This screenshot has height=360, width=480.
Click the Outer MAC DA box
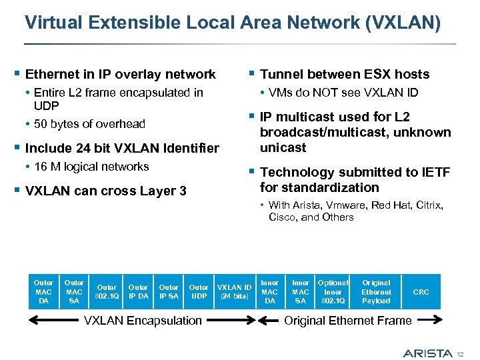pyautogui.click(x=43, y=292)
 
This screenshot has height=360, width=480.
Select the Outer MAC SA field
pyautogui.click(x=74, y=292)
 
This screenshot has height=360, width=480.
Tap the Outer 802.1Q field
pyautogui.click(x=107, y=292)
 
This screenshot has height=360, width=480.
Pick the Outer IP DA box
pyautogui.click(x=139, y=292)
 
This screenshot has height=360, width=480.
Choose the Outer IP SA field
pyautogui.click(x=169, y=292)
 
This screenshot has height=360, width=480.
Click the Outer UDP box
pyautogui.click(x=199, y=292)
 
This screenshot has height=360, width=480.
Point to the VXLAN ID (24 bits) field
pyautogui.click(x=235, y=292)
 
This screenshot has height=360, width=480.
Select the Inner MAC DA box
pyautogui.click(x=269, y=292)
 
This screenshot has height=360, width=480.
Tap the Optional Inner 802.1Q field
pyautogui.click(x=333, y=292)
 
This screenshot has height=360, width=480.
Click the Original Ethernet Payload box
pyautogui.click(x=376, y=292)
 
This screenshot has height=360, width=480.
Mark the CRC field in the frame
pyautogui.click(x=421, y=292)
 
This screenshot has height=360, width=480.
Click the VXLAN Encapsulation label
pyautogui.click(x=143, y=321)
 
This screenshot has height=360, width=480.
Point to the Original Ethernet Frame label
pyautogui.click(x=347, y=321)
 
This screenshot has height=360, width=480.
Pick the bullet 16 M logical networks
pyautogui.click(x=91, y=167)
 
